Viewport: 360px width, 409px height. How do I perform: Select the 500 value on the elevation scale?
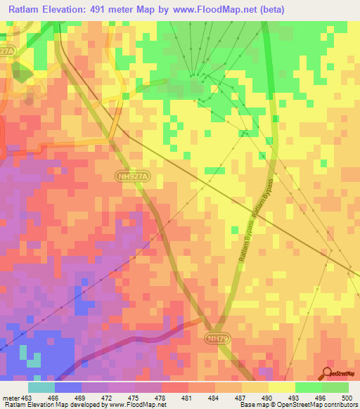[347, 398]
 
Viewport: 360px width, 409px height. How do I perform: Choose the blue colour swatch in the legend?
[68, 387]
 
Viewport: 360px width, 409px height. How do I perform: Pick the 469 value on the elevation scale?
[82, 398]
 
